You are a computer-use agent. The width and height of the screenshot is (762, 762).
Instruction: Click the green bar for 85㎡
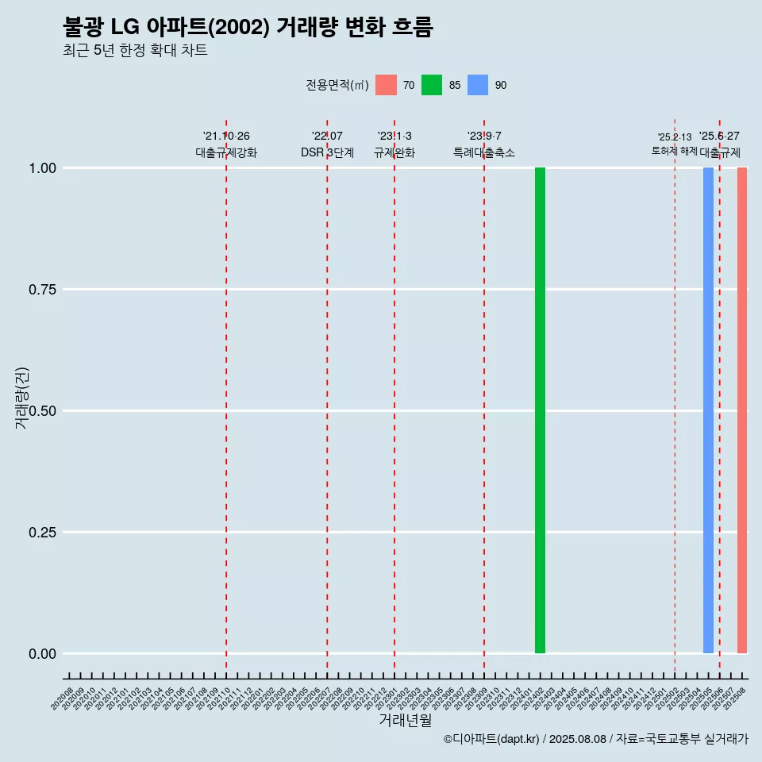pyautogui.click(x=540, y=410)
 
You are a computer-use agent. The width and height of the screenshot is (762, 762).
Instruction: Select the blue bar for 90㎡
pyautogui.click(x=708, y=410)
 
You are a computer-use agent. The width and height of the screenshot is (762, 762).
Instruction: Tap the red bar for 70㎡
pyautogui.click(x=742, y=410)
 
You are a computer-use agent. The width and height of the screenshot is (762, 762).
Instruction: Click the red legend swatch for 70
pyautogui.click(x=386, y=85)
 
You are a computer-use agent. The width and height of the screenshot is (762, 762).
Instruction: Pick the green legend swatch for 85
pyautogui.click(x=432, y=85)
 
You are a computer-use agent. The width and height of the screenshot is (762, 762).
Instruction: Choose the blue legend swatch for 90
pyautogui.click(x=478, y=85)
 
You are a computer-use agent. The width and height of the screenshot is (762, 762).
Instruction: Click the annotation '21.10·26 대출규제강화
pyautogui.click(x=226, y=144)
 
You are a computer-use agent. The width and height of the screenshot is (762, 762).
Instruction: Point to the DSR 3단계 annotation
pyautogui.click(x=327, y=152)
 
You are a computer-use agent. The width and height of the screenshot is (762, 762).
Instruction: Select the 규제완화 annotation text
pyautogui.click(x=394, y=152)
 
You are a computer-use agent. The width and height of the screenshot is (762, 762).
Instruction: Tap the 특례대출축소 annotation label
pyautogui.click(x=484, y=152)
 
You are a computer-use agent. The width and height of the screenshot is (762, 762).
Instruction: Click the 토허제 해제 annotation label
pyautogui.click(x=674, y=150)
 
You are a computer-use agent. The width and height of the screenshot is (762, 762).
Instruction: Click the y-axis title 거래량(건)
pyautogui.click(x=21, y=397)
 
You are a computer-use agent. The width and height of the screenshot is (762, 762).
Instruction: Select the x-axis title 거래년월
pyautogui.click(x=406, y=721)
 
